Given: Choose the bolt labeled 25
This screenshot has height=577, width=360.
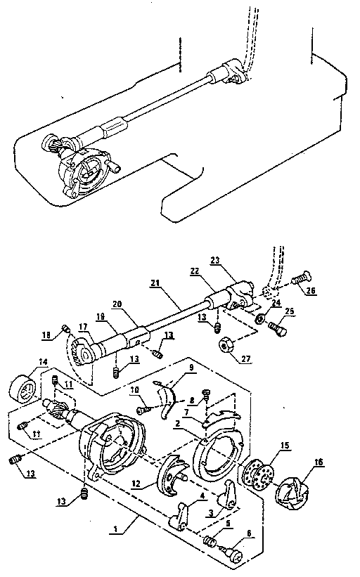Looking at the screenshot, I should click(x=276, y=326).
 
